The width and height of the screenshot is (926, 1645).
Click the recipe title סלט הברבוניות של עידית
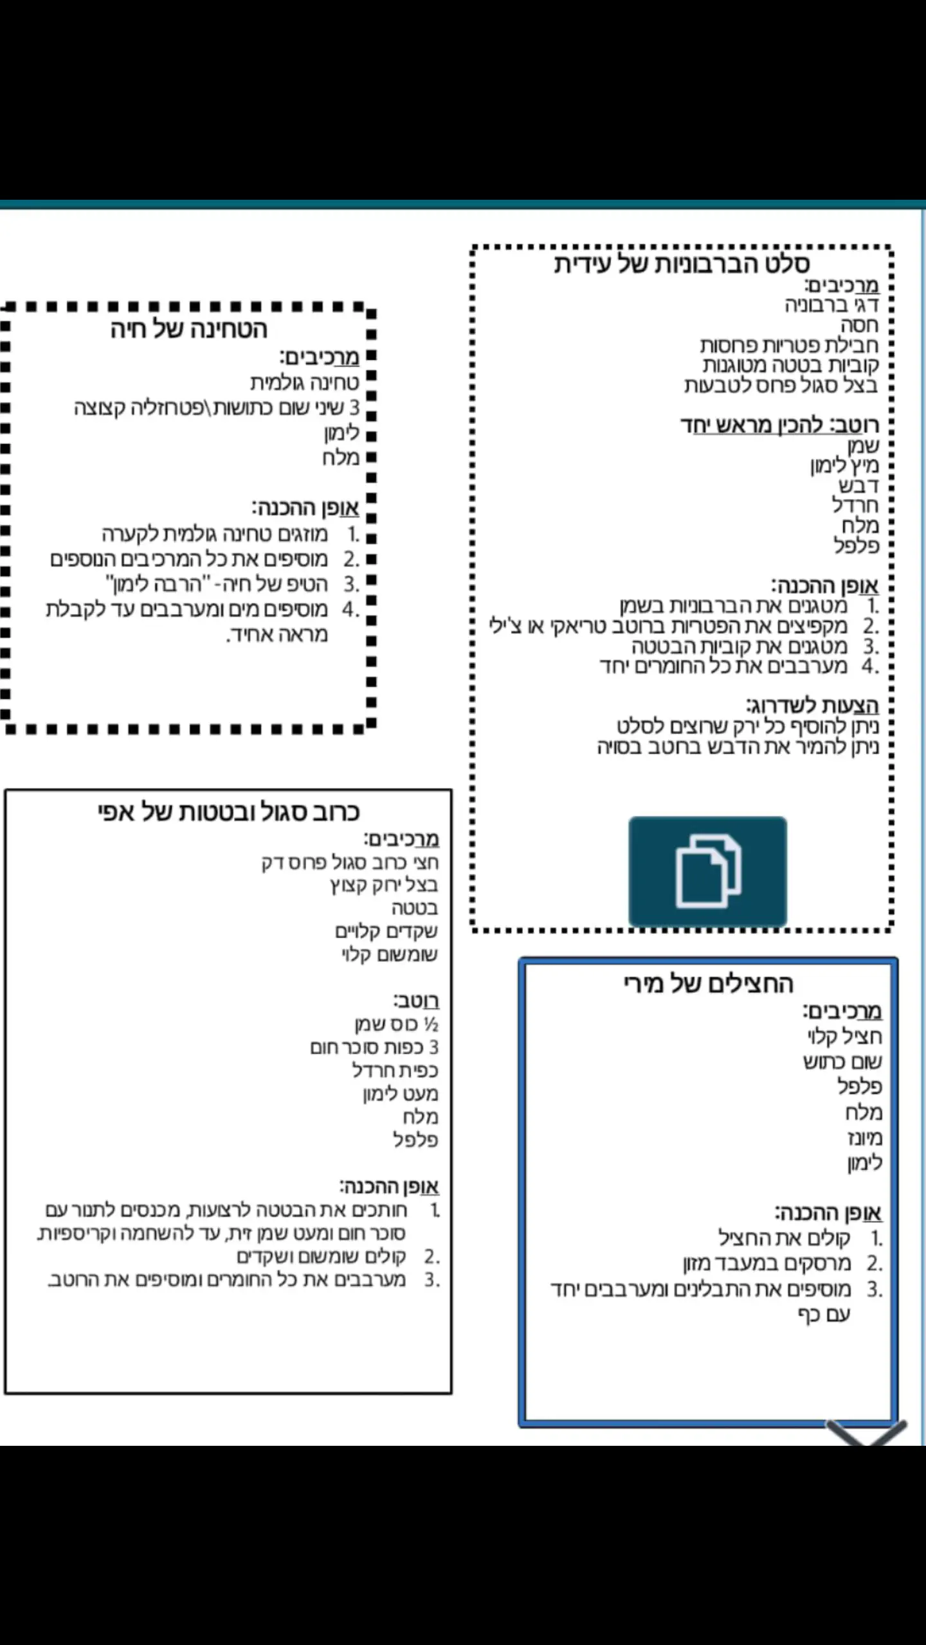[682, 264]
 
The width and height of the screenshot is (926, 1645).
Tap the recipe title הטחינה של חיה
[188, 329]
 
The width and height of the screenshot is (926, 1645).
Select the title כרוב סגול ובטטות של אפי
[228, 812]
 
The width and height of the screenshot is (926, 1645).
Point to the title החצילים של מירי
[708, 984]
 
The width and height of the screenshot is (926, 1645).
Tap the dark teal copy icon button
[707, 871]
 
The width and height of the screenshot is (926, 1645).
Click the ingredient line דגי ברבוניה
[831, 305]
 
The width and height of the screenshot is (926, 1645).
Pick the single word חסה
[859, 325]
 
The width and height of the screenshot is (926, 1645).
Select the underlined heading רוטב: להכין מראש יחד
[779, 425]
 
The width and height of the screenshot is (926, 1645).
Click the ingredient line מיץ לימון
[844, 465]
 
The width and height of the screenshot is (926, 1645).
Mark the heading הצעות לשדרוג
[812, 706]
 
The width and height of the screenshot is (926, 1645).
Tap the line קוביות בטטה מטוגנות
[790, 365]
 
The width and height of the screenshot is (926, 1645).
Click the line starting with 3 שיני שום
[217, 407]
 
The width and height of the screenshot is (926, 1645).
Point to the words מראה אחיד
[277, 635]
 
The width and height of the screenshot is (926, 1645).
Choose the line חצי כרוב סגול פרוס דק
[350, 862]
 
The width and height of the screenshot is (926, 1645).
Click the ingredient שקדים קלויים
[386, 931]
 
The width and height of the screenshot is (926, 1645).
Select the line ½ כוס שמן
[396, 1024]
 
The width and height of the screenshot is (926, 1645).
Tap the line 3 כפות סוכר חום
[374, 1047]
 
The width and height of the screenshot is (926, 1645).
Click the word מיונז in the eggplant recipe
[864, 1138]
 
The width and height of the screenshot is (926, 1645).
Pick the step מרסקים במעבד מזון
[767, 1263]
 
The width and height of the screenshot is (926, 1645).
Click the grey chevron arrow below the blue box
[866, 1432]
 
